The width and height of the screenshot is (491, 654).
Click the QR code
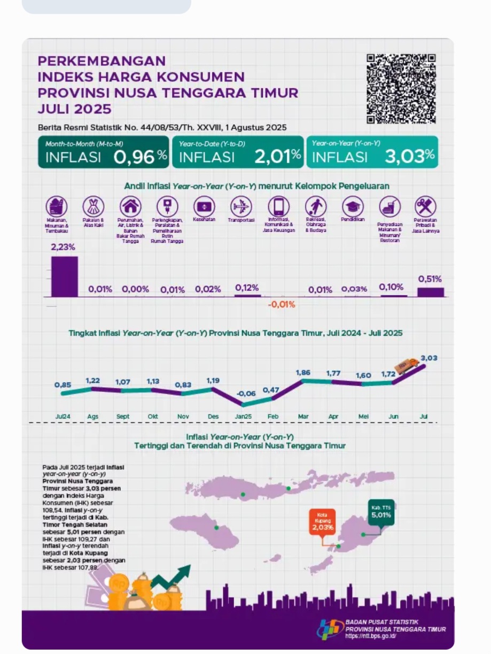tap(401, 88)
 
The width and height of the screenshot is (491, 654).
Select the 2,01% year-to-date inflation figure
tap(277, 157)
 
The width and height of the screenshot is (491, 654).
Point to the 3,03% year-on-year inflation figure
tap(409, 157)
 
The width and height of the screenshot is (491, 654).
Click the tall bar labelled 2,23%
tap(64, 276)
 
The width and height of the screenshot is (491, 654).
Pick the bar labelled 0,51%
tap(430, 291)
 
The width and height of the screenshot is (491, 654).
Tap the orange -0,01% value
tap(281, 304)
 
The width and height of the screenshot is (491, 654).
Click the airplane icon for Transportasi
tap(241, 206)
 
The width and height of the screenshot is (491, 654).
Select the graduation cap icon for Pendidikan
tap(353, 206)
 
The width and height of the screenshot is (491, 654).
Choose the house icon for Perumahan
tap(130, 206)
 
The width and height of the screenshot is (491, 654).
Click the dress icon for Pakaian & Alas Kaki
tap(93, 206)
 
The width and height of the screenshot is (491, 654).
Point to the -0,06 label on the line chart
tap(246, 393)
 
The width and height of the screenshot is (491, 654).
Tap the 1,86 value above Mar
tap(302, 372)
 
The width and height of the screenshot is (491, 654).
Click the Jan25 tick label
tap(243, 416)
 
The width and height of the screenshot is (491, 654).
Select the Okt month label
tap(153, 416)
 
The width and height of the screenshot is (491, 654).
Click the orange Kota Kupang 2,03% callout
tap(323, 522)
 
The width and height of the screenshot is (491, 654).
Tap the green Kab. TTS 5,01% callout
tap(381, 512)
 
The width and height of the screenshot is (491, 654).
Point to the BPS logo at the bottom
tap(330, 629)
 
